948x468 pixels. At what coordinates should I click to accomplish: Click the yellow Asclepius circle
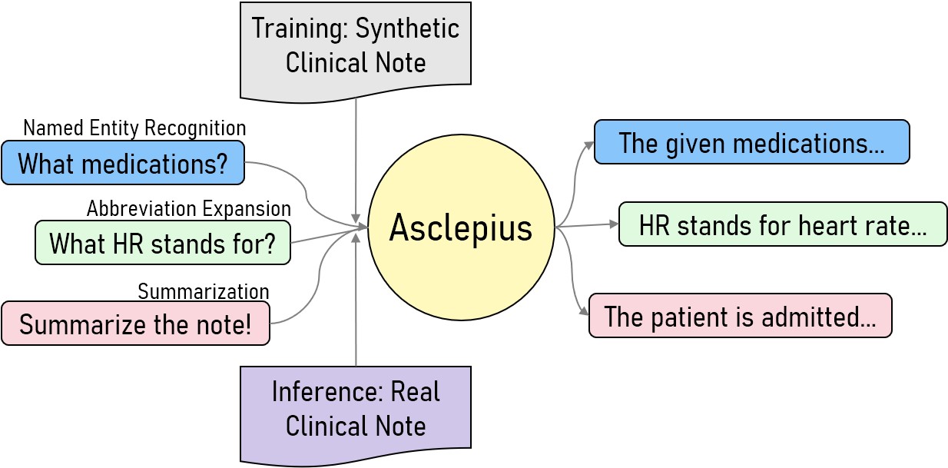pyautogui.click(x=461, y=227)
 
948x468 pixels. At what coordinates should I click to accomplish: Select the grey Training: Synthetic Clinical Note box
pyautogui.click(x=356, y=46)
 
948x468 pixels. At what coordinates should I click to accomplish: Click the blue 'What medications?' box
pyautogui.click(x=123, y=163)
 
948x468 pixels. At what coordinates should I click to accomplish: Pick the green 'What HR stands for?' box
pyautogui.click(x=163, y=243)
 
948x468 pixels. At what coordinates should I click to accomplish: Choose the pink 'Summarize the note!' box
pyautogui.click(x=136, y=324)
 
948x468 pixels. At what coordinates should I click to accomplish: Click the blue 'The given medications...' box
pyautogui.click(x=751, y=142)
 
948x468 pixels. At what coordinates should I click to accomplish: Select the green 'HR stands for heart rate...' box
pyautogui.click(x=783, y=224)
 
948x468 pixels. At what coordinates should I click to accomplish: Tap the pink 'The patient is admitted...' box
pyautogui.click(x=740, y=316)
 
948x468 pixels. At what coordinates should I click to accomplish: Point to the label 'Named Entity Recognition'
pyautogui.click(x=134, y=128)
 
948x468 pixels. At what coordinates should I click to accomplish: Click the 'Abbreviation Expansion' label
pyautogui.click(x=189, y=208)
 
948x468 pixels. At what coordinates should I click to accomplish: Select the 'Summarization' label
pyautogui.click(x=204, y=291)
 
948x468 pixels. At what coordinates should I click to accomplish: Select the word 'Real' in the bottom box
pyautogui.click(x=415, y=391)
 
